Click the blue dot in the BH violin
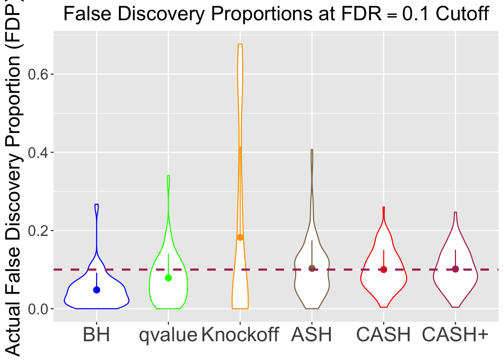click(x=97, y=290)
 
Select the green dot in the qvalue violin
click(x=168, y=278)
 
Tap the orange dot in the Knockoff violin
click(x=240, y=237)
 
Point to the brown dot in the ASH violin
click(x=312, y=268)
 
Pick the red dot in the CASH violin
click(x=384, y=269)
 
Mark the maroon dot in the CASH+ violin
click(x=455, y=269)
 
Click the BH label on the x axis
click(x=97, y=334)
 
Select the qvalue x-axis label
click(x=168, y=334)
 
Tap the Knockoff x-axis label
click(x=240, y=334)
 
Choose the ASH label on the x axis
click(x=312, y=334)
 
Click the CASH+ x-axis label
click(x=455, y=334)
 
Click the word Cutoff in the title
click(x=462, y=14)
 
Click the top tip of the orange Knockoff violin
click(x=240, y=44)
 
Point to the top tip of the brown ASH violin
click(x=312, y=150)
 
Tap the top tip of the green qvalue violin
click(x=168, y=175)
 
